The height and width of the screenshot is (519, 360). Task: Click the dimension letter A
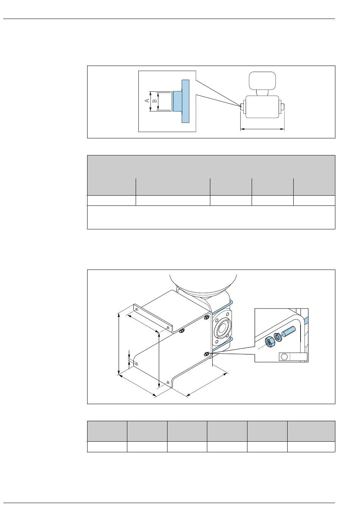(x=147, y=100)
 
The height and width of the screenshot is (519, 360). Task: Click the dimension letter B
(x=155, y=101)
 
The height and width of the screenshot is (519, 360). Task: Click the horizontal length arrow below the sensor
(x=262, y=129)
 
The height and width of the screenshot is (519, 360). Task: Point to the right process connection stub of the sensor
(x=282, y=107)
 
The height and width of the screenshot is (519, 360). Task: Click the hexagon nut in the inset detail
(x=269, y=342)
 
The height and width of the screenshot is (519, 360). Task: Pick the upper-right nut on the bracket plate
(x=206, y=318)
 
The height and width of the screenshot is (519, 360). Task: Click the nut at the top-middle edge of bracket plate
(x=182, y=331)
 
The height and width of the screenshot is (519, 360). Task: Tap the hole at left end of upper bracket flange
(x=137, y=309)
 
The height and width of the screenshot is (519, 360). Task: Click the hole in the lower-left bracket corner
(x=137, y=364)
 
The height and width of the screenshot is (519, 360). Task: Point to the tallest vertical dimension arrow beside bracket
(x=119, y=344)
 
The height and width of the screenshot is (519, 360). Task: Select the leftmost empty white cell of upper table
(x=111, y=201)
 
